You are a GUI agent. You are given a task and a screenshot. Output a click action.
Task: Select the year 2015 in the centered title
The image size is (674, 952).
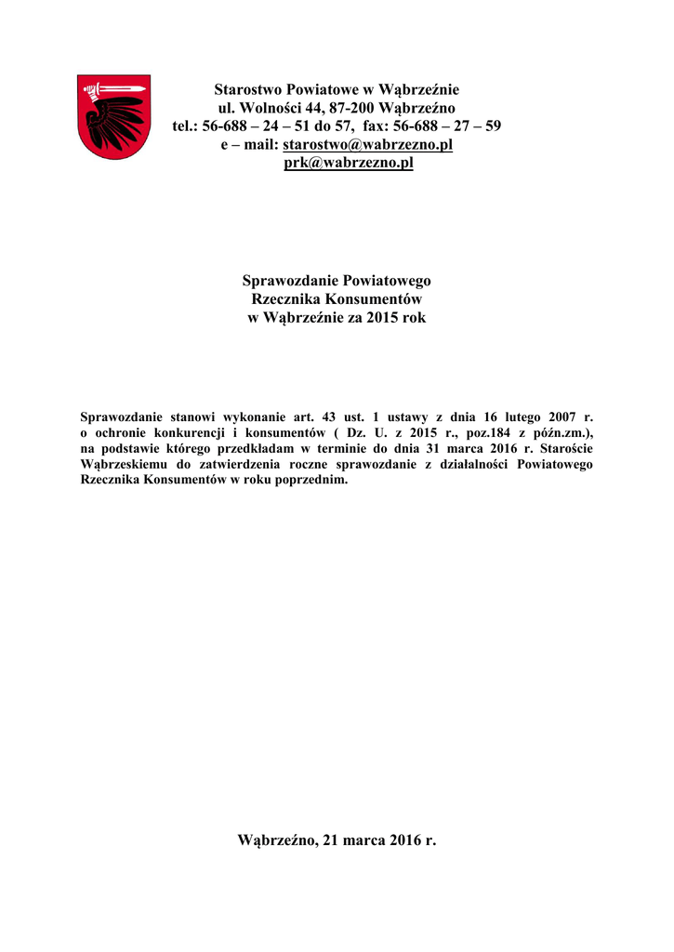[383, 318]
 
